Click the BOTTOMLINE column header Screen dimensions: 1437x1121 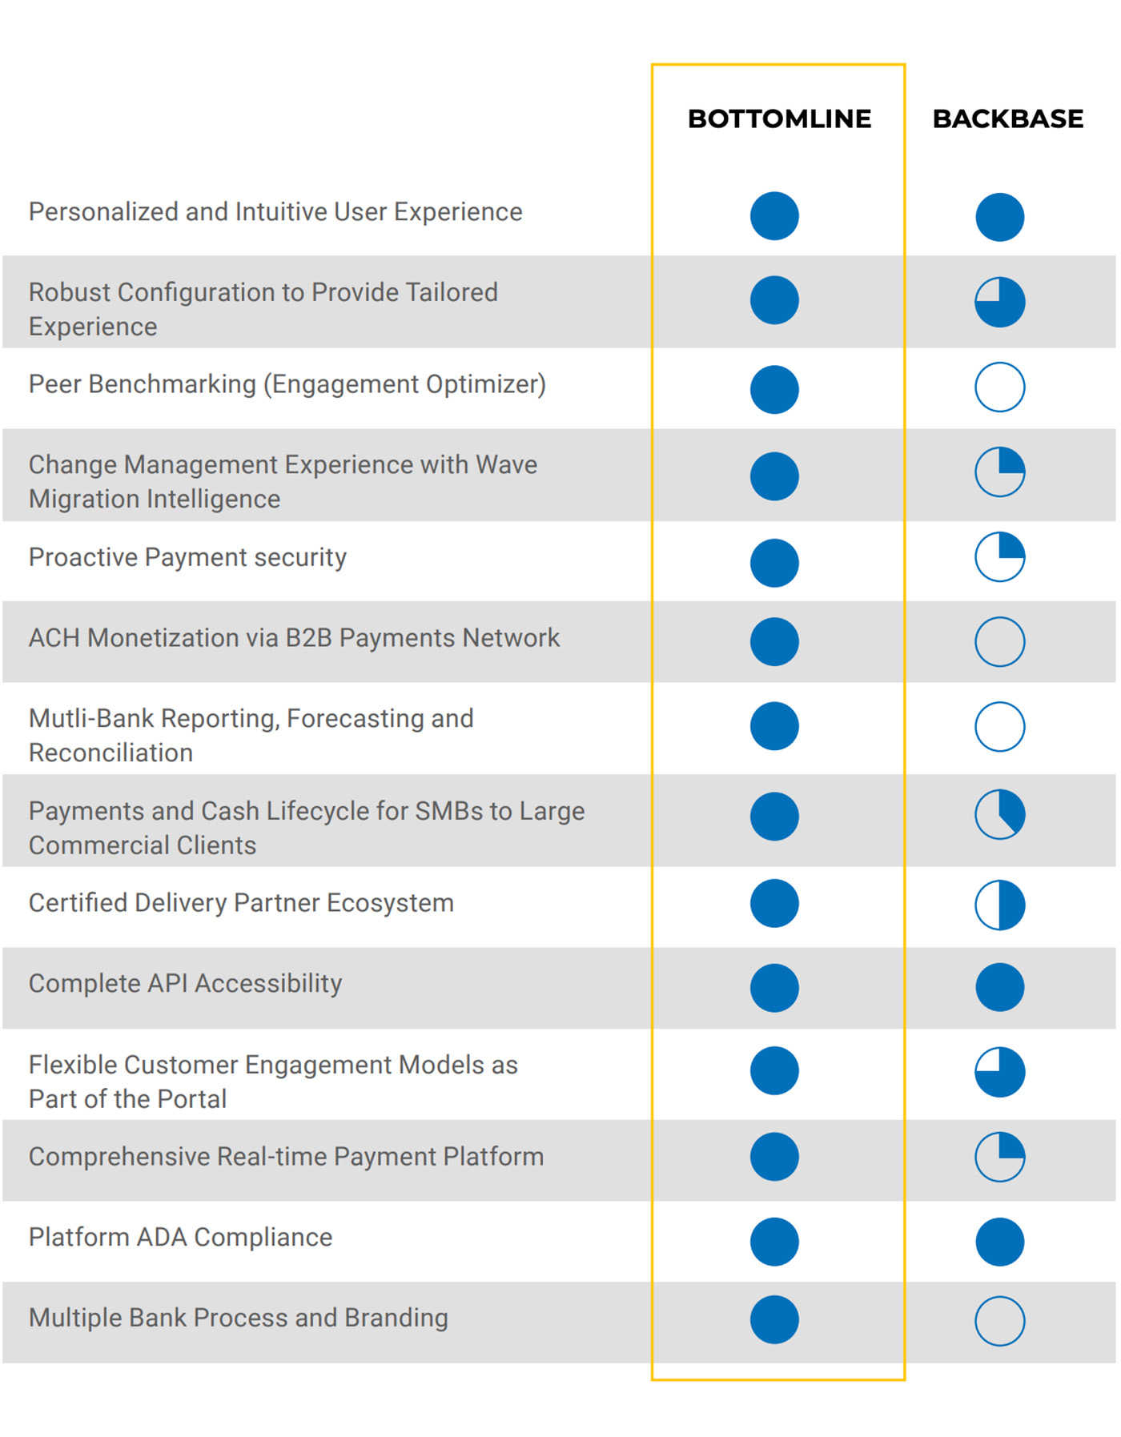pyautogui.click(x=779, y=118)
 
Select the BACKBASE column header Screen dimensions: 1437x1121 pyautogui.click(x=1007, y=118)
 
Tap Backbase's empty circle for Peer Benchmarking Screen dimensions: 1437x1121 pyautogui.click(x=999, y=387)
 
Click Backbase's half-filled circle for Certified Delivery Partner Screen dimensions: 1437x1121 pyautogui.click(x=999, y=905)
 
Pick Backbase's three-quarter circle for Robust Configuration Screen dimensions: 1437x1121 pyautogui.click(x=999, y=302)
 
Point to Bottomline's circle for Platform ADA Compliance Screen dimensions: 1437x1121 pyautogui.click(x=774, y=1242)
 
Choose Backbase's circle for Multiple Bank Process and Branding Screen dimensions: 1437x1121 pyautogui.click(x=999, y=1321)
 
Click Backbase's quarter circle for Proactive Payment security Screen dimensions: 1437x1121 pyautogui.click(x=999, y=556)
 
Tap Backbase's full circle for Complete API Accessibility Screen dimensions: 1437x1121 pyautogui.click(x=999, y=987)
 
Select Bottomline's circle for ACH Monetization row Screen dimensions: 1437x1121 pyautogui.click(x=774, y=641)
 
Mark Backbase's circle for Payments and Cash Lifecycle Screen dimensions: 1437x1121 pyautogui.click(x=999, y=814)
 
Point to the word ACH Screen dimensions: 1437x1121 pyautogui.click(x=54, y=638)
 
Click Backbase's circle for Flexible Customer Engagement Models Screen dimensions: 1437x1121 pyautogui.click(x=999, y=1072)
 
